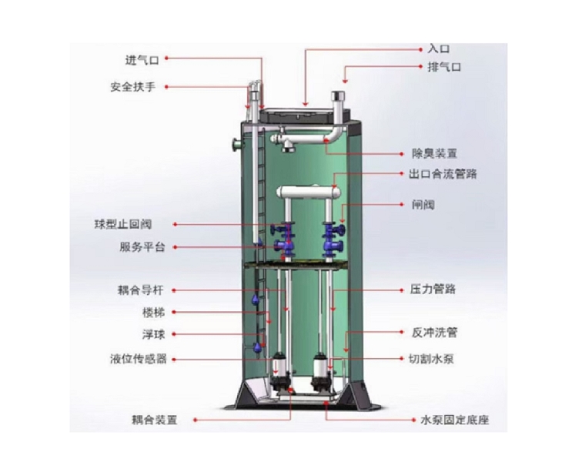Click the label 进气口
pos(143,59)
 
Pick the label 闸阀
pos(433,206)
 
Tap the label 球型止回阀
pos(129,224)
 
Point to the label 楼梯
pos(153,313)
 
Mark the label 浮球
pos(153,335)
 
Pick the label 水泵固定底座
pos(454,420)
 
